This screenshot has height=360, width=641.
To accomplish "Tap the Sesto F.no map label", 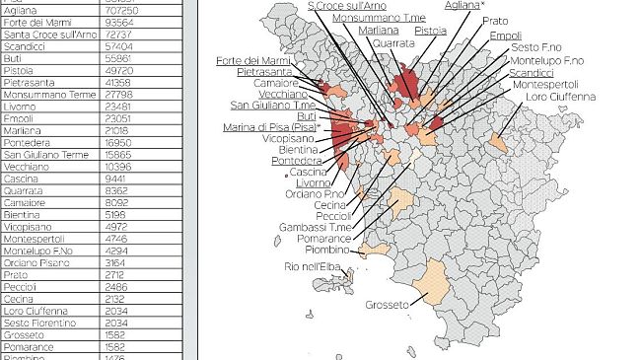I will point(537,47).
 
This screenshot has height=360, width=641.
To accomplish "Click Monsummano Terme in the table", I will point(44,95).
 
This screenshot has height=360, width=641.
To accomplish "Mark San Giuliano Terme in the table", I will point(45,155).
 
